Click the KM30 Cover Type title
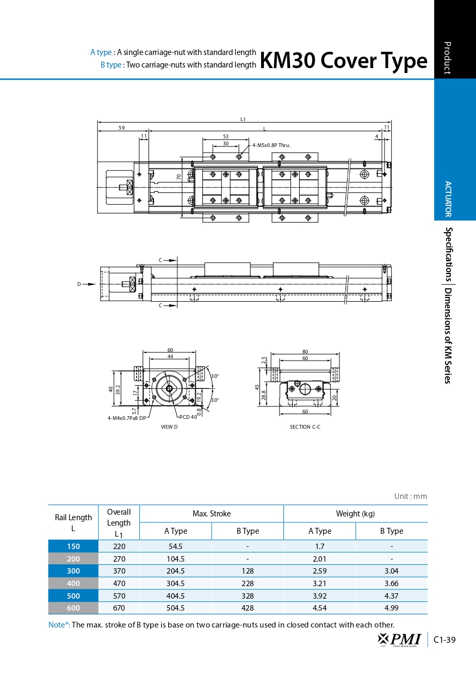pyautogui.click(x=344, y=60)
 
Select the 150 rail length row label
pyautogui.click(x=73, y=546)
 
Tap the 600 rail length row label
pyautogui.click(x=73, y=608)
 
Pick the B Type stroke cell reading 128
pyautogui.click(x=248, y=571)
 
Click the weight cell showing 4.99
pyautogui.click(x=391, y=608)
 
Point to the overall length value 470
pyautogui.click(x=119, y=583)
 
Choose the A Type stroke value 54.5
pyautogui.click(x=175, y=546)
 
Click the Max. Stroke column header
pyautogui.click(x=212, y=514)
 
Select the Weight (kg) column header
pyautogui.click(x=355, y=514)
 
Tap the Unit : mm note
pyautogui.click(x=411, y=496)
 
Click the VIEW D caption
pyautogui.click(x=169, y=427)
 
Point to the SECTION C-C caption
pyautogui.click(x=305, y=427)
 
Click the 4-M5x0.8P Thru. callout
pyautogui.click(x=271, y=145)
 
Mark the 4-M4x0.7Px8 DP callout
pyautogui.click(x=127, y=418)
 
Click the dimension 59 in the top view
pyautogui.click(x=121, y=128)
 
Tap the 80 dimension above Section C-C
pyautogui.click(x=305, y=352)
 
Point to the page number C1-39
pyautogui.click(x=444, y=640)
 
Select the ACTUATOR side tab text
pyautogui.click(x=448, y=199)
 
